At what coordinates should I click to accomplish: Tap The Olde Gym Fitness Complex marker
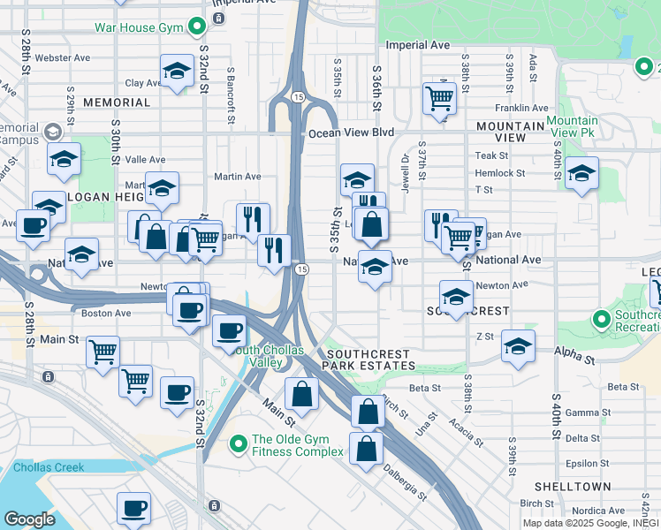point(238,443)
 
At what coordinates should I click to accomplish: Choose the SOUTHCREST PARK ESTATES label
point(368,358)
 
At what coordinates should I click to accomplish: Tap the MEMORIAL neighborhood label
point(117,102)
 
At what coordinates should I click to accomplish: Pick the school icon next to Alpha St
point(518,345)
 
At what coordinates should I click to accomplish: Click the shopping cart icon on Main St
point(103,351)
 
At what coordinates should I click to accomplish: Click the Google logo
point(29,519)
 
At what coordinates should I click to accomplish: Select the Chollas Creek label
point(48,467)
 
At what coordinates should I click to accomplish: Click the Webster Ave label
point(69,58)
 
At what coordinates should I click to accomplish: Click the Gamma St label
point(582,413)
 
